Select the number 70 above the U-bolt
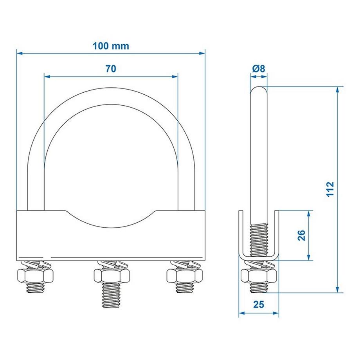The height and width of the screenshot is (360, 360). coord(111,69)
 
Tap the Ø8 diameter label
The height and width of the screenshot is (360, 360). coord(259,68)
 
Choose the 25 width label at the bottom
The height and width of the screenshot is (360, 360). coord(259,304)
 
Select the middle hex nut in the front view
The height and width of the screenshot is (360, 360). coord(112,276)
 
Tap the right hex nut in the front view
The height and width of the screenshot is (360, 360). coord(185,276)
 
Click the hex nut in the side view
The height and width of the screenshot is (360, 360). coord(259,276)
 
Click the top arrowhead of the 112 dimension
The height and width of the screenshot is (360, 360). coord(338,90)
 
